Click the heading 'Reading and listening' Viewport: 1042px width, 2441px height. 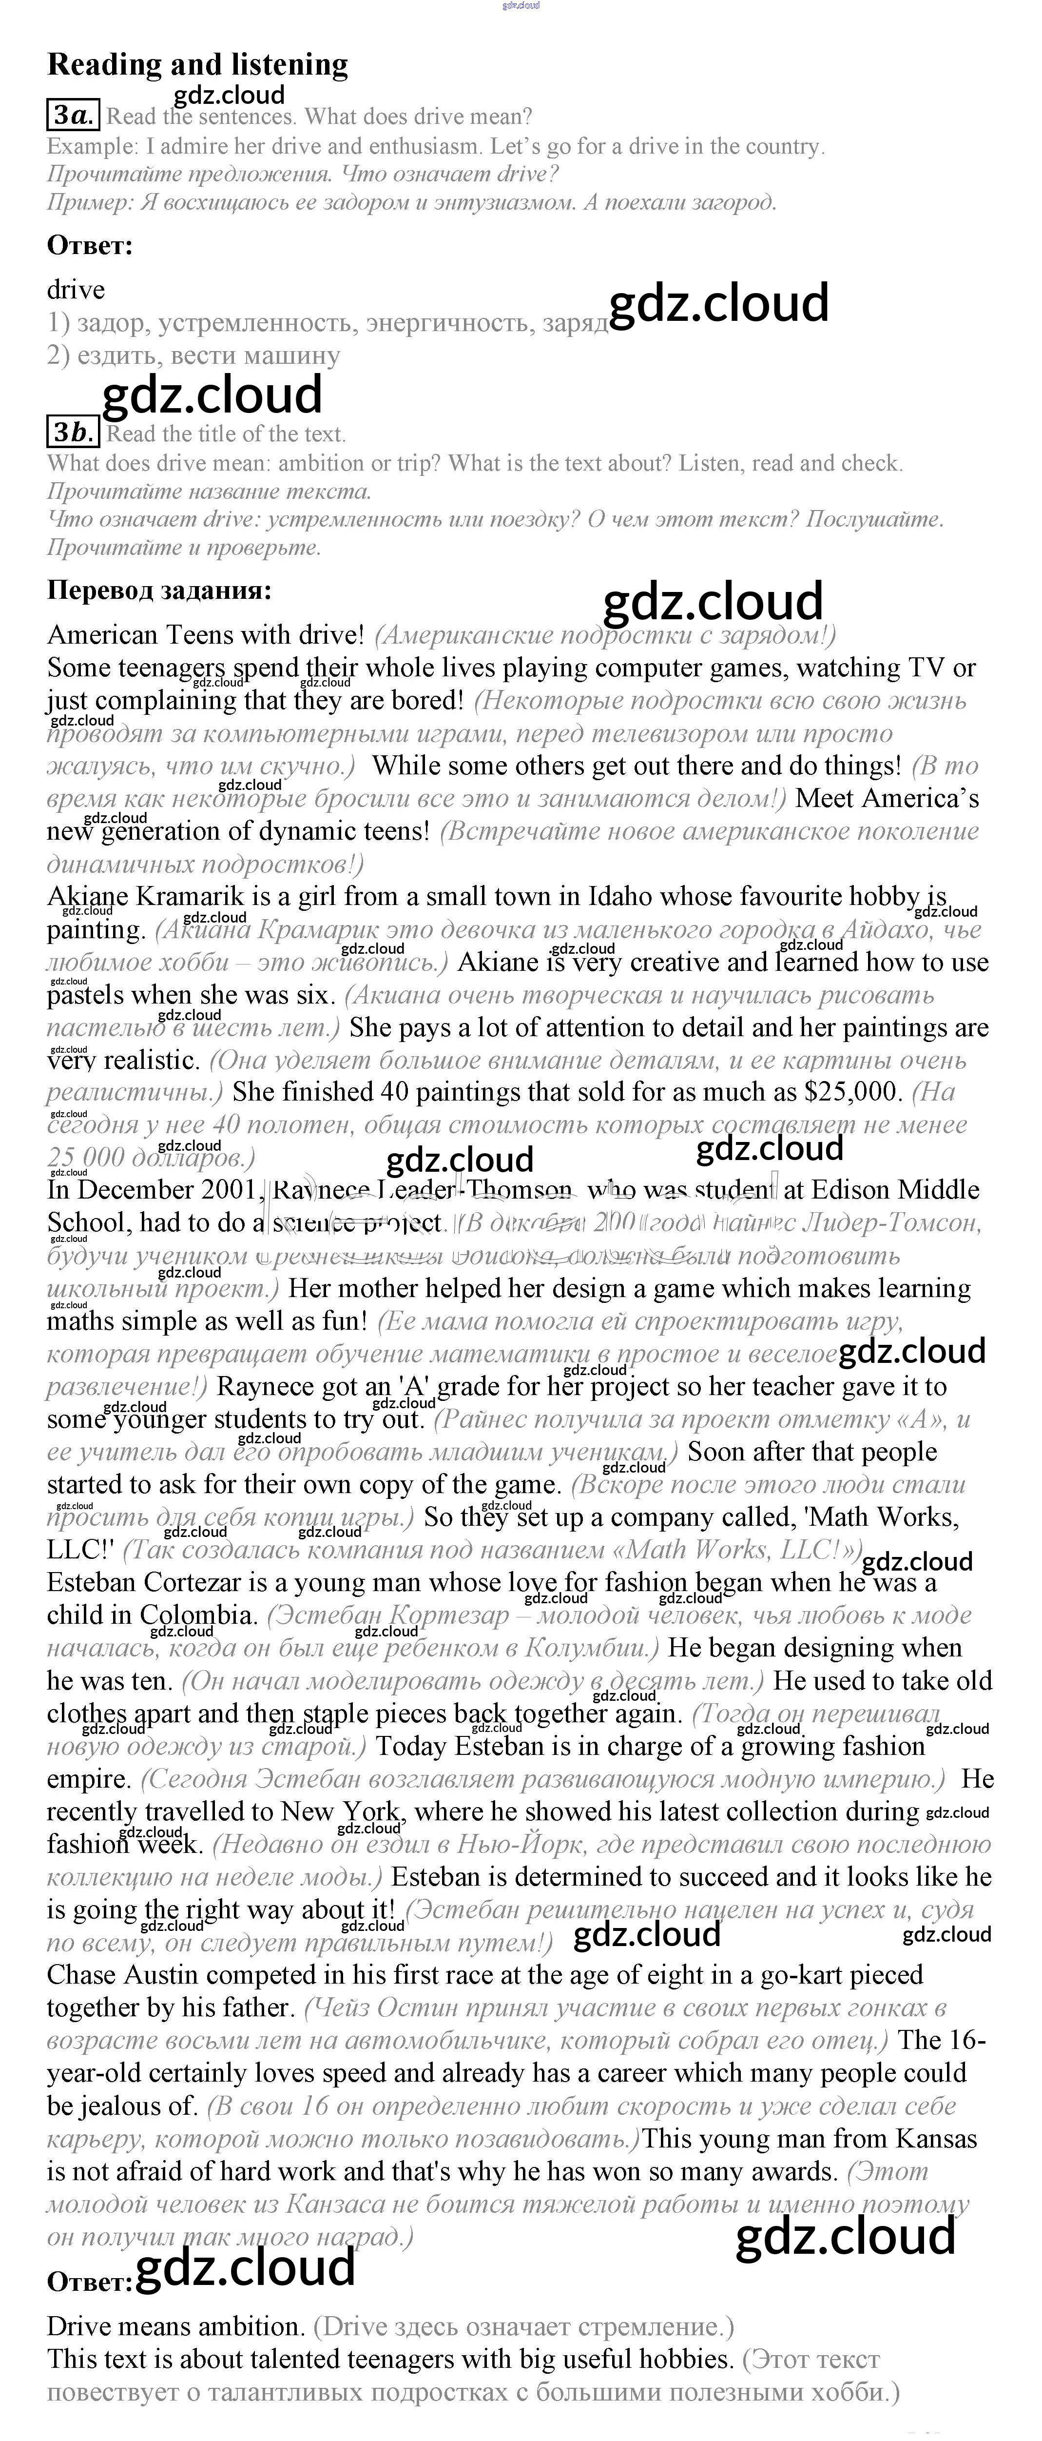197,64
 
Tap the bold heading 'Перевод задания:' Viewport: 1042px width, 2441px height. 159,591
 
